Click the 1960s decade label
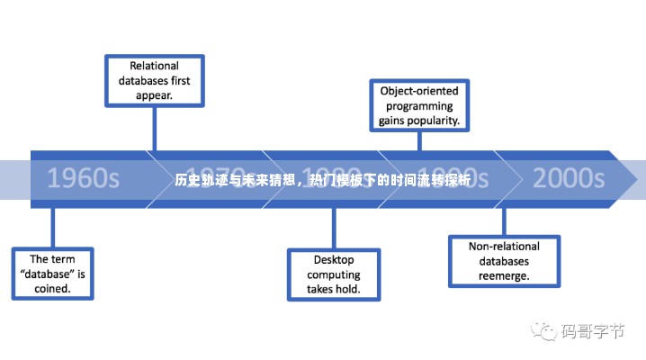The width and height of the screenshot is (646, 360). coord(83,176)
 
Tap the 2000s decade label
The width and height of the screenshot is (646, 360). coord(568,176)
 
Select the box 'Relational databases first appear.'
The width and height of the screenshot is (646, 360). coord(154,79)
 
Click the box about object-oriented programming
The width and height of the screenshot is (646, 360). coord(419,104)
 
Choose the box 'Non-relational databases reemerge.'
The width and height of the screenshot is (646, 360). coord(504,260)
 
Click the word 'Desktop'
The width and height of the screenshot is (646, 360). coord(333,260)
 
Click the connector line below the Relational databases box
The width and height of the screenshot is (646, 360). coord(154,128)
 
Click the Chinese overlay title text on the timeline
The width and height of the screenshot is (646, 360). coord(322,179)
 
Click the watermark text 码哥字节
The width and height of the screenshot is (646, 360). coord(592,331)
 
